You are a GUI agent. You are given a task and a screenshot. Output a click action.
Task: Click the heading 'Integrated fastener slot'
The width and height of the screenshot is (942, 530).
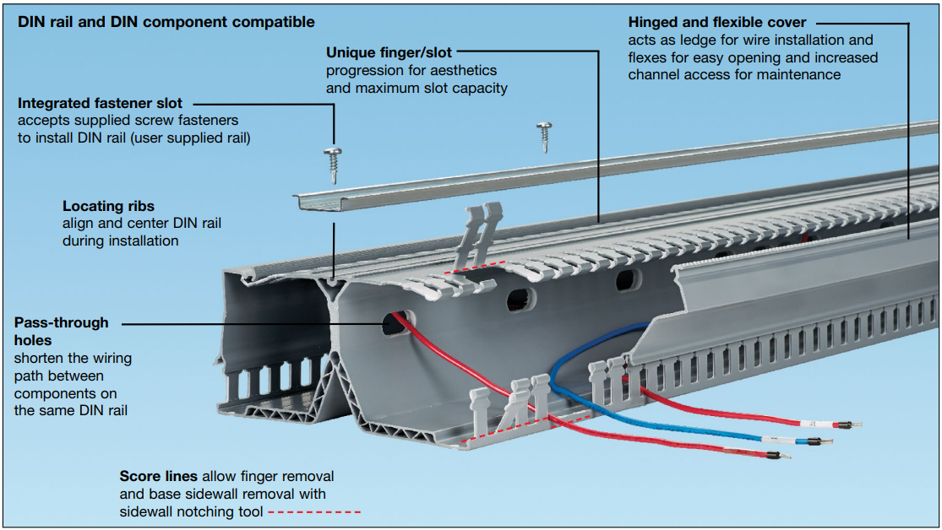click(x=100, y=104)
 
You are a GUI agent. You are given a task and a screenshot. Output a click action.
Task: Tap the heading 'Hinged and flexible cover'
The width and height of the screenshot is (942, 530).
click(x=717, y=23)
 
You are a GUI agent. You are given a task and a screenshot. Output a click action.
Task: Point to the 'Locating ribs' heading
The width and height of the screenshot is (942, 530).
click(x=108, y=206)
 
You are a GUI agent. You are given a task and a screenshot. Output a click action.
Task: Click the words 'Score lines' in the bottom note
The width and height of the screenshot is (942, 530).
click(x=158, y=476)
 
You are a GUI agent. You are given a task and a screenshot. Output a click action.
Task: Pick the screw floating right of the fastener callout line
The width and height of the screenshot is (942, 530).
click(x=544, y=135)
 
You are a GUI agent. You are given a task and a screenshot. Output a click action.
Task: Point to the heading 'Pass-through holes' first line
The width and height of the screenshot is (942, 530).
click(x=62, y=322)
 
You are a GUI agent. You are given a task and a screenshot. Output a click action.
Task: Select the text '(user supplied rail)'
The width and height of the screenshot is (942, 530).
click(x=193, y=138)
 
